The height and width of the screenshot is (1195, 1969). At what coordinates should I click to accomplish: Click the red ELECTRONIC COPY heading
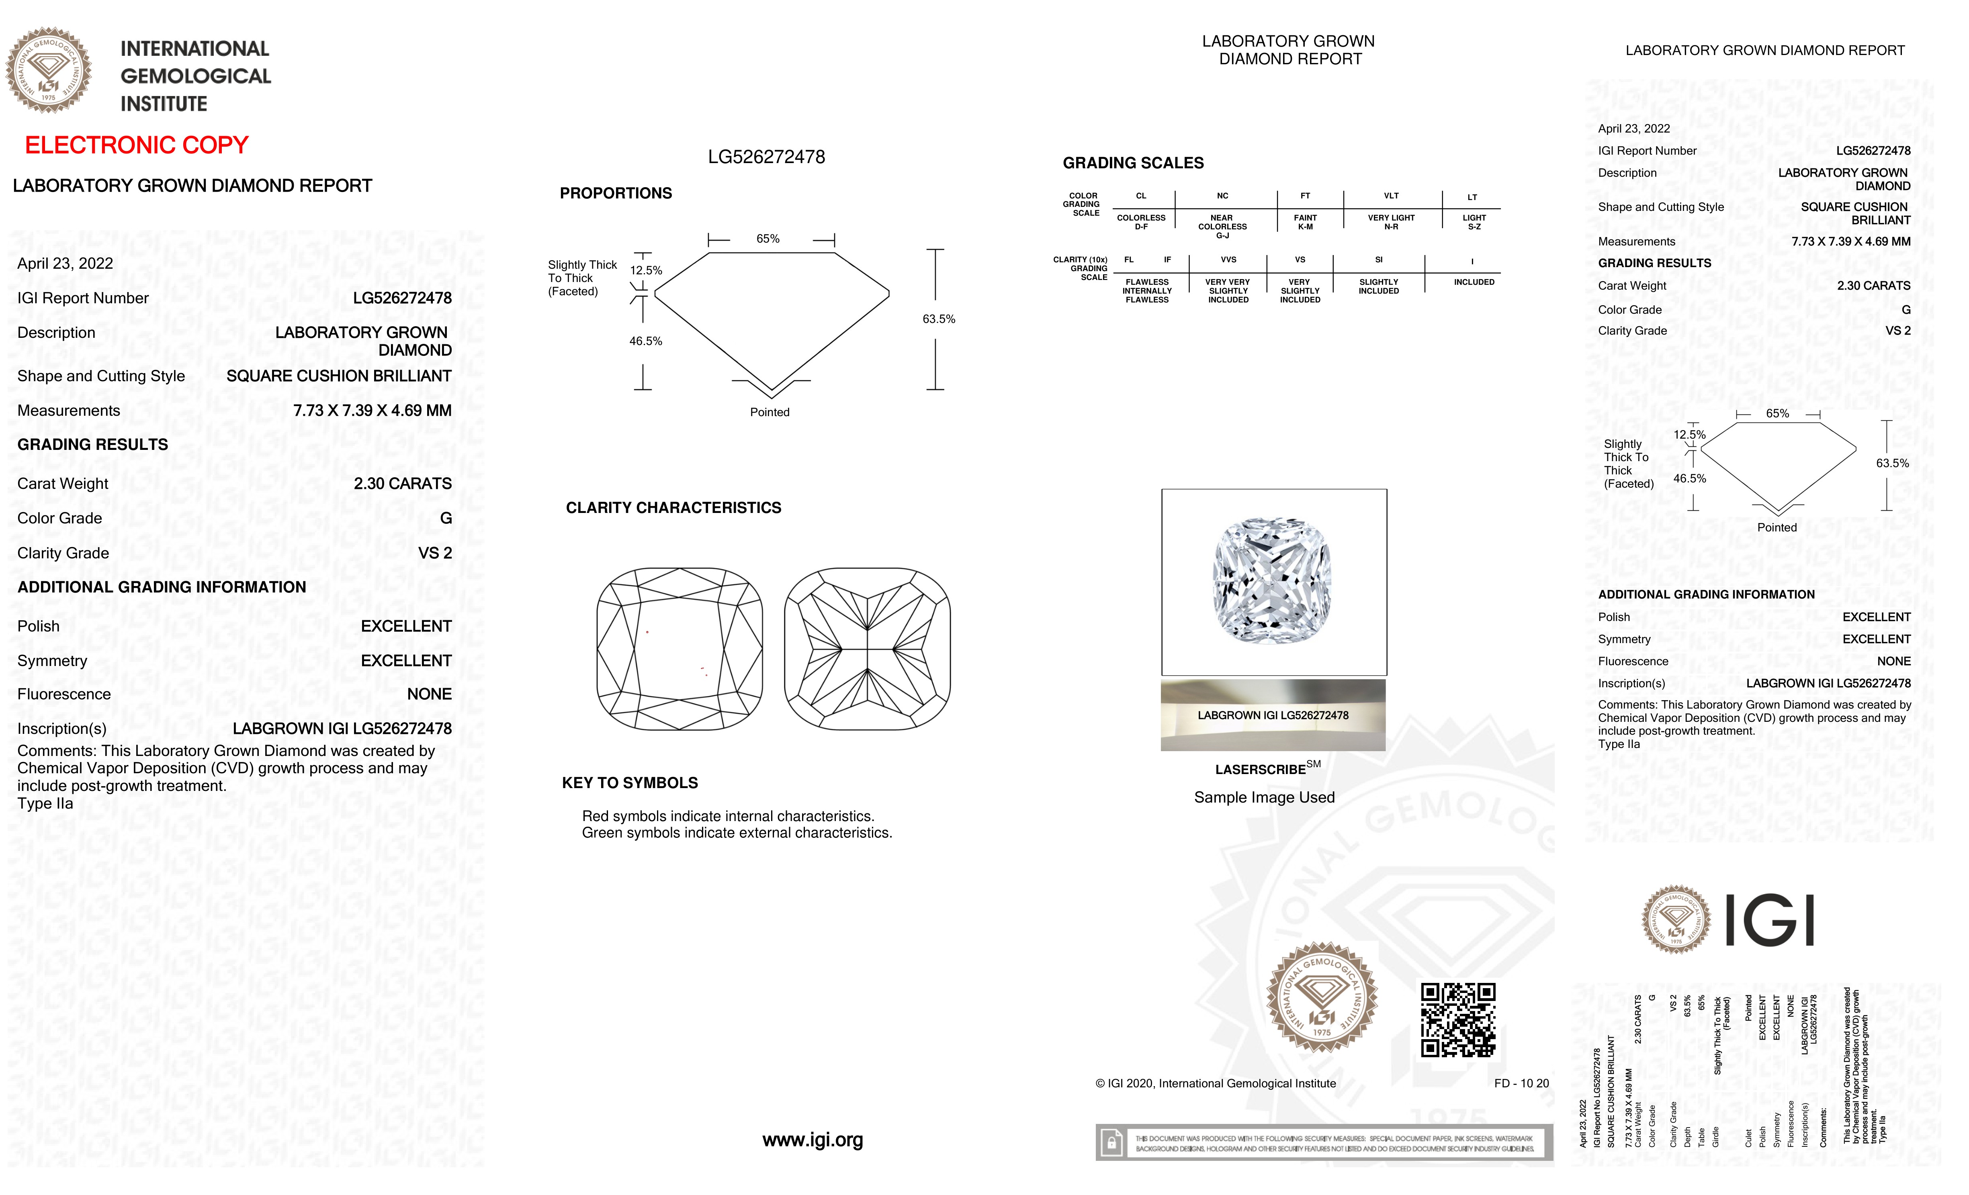tap(137, 145)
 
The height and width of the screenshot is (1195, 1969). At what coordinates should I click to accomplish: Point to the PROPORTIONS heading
tap(615, 193)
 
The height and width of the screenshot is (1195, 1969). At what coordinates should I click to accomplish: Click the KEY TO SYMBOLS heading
tap(630, 783)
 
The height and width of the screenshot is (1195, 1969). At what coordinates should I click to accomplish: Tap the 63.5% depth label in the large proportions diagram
tap(938, 319)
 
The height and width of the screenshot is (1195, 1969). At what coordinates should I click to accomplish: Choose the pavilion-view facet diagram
tap(867, 649)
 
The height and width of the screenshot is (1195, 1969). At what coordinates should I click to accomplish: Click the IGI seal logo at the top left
tap(49, 70)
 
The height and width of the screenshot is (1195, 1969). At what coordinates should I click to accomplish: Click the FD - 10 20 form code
tap(1521, 1083)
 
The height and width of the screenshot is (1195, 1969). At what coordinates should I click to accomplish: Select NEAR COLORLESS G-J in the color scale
tap(1222, 226)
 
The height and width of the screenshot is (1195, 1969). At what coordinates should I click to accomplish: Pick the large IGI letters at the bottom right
tap(1769, 920)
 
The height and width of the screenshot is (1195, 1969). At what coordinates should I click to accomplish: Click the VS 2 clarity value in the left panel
tap(435, 553)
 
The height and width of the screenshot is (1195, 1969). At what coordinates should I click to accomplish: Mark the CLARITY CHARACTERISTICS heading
tap(673, 508)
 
